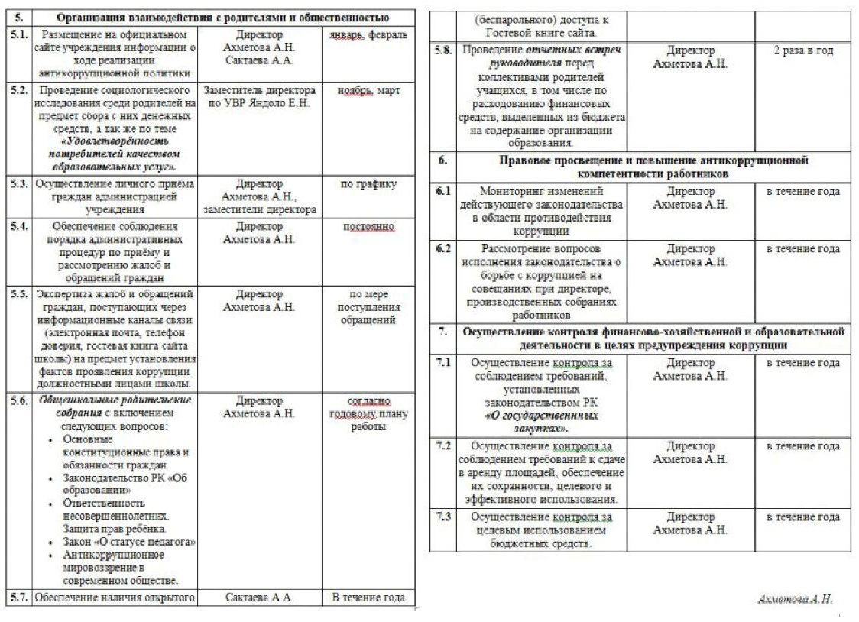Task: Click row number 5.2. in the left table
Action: point(20,90)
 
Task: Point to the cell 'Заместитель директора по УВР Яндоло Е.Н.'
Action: point(259,96)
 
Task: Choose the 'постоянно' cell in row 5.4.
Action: point(369,227)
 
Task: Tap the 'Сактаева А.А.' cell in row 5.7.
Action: point(259,598)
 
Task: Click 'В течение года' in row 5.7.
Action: point(368,598)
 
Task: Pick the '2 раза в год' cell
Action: point(802,50)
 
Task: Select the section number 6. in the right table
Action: point(442,160)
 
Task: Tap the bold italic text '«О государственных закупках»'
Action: point(541,422)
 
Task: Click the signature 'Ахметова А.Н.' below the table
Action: point(794,599)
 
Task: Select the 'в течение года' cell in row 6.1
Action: point(802,191)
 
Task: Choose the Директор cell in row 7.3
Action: point(690,523)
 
